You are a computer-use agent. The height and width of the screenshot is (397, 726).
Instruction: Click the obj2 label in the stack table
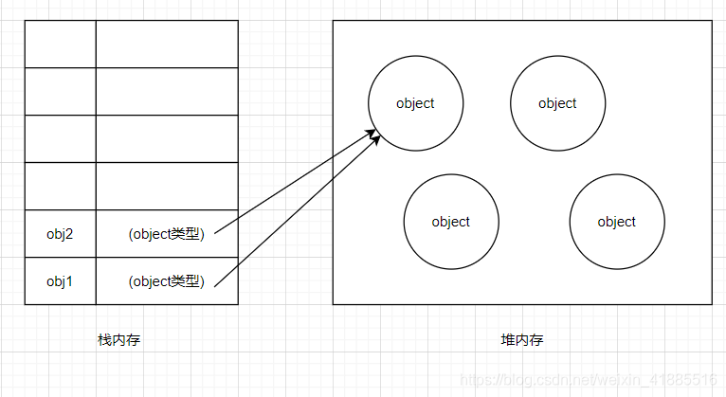coord(60,233)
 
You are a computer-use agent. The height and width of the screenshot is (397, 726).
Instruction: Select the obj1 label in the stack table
coord(60,280)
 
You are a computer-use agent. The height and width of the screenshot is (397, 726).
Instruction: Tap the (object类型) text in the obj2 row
coord(166,233)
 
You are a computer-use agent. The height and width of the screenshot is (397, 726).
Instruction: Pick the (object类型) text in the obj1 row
coord(166,280)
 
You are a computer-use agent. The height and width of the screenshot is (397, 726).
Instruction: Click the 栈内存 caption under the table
coord(118,340)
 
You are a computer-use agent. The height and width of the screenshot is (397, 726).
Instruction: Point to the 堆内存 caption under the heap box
coord(522,340)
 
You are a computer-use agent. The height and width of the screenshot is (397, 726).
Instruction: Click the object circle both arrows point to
coord(415,103)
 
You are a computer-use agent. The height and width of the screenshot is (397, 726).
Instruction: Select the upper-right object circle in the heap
coord(557,103)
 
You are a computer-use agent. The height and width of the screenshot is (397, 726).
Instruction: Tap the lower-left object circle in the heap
coord(450,222)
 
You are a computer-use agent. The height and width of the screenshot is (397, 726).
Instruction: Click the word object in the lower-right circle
coord(616,222)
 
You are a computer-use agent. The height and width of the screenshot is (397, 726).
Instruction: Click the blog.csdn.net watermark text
coord(588,379)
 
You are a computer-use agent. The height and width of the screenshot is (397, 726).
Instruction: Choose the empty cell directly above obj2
coord(60,186)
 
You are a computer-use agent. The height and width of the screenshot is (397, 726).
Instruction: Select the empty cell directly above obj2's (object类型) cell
coord(166,186)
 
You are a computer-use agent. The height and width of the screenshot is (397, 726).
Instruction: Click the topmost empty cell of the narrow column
coord(60,44)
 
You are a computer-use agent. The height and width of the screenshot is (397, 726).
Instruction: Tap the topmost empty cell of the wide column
coord(166,44)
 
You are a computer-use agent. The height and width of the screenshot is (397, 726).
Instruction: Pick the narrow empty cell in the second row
coord(60,91)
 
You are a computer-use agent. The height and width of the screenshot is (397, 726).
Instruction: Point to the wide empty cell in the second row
coord(166,91)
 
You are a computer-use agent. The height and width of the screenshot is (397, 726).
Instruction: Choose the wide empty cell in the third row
coord(166,138)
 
